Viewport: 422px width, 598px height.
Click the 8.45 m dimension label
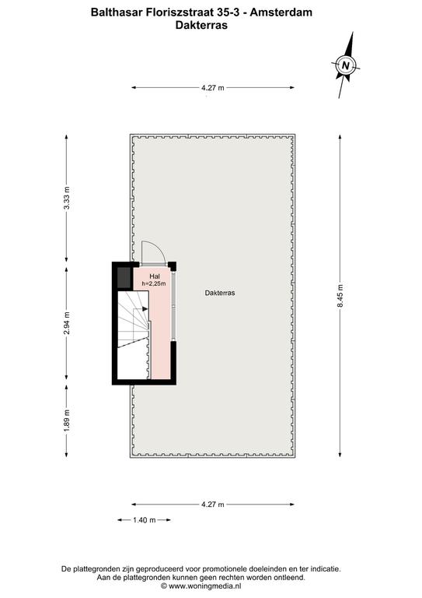click(340, 296)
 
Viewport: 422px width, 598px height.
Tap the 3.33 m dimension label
click(67, 199)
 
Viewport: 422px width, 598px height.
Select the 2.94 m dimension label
click(67, 323)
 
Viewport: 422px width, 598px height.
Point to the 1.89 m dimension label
click(67, 420)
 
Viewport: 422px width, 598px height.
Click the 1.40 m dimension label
click(145, 520)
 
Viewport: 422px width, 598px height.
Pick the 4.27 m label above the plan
click(213, 88)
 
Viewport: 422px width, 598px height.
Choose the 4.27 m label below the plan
click(213, 505)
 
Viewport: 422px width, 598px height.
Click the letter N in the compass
click(346, 65)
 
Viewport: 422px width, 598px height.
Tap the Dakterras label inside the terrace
click(220, 293)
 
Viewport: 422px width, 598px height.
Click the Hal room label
click(155, 276)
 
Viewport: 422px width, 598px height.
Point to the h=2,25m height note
click(154, 283)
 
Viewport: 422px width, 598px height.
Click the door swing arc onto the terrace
click(157, 248)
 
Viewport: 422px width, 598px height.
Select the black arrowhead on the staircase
click(145, 308)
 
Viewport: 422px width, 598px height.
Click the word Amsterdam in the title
click(281, 12)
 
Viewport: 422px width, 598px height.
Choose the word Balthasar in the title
click(117, 12)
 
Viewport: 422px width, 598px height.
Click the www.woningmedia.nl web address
click(204, 586)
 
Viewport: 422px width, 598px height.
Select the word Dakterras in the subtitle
click(201, 25)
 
